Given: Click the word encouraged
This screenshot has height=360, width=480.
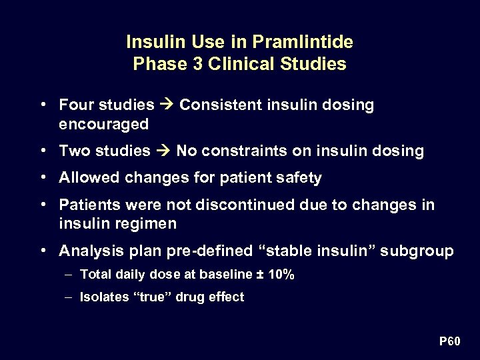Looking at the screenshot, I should pyautogui.click(x=103, y=125).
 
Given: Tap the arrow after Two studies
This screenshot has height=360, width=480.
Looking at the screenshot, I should pyautogui.click(x=163, y=151).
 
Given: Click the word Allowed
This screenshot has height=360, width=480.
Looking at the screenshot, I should pyautogui.click(x=85, y=178).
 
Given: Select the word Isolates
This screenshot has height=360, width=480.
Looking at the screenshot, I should pyautogui.click(x=101, y=297).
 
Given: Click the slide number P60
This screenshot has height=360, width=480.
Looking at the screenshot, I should pyautogui.click(x=449, y=342).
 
